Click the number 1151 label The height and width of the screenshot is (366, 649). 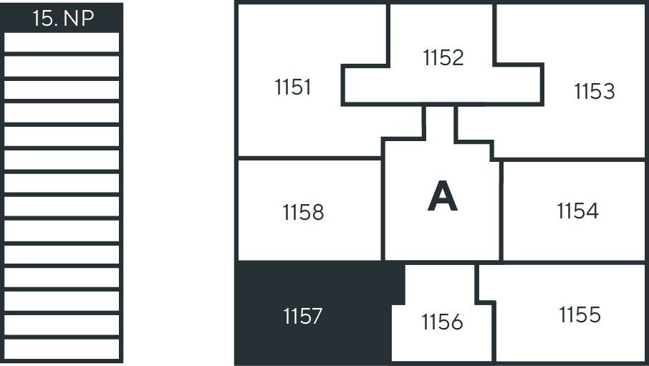coord(293,87)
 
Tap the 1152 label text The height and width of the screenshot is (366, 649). coord(443,57)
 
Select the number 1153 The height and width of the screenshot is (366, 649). coord(595,92)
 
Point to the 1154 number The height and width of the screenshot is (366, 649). coord(577,211)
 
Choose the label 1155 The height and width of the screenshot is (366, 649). coord(580,314)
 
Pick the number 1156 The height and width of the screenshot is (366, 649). coord(442,322)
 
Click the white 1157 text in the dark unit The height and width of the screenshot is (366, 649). coord(303,316)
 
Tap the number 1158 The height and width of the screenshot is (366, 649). coord(303,213)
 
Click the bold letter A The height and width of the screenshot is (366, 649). coord(442,197)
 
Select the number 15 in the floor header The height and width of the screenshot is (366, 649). coord(44,19)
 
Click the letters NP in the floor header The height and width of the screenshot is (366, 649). coord(79,19)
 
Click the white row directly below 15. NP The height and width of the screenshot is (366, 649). coord(62,42)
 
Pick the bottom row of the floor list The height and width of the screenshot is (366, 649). coord(62,349)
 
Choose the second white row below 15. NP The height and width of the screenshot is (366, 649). coord(62,66)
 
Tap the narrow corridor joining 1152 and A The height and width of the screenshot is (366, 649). coord(440,122)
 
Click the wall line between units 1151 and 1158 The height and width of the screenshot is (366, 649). coord(308,158)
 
